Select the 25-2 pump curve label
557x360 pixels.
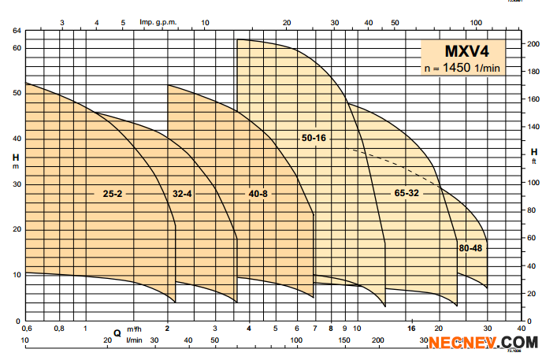click(x=111, y=193)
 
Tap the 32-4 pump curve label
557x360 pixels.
click(x=182, y=193)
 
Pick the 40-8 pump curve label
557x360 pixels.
click(x=258, y=193)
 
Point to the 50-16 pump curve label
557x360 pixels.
click(x=314, y=139)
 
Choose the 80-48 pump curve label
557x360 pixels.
click(x=470, y=249)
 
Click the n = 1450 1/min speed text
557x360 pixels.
click(x=462, y=69)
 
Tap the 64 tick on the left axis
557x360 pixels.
click(x=16, y=31)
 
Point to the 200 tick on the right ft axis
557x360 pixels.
click(x=533, y=44)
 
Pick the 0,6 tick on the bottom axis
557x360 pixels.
click(x=27, y=328)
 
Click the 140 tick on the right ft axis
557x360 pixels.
click(x=533, y=128)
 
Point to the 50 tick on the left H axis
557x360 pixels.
click(x=16, y=94)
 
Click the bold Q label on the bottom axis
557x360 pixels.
click(x=117, y=333)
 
